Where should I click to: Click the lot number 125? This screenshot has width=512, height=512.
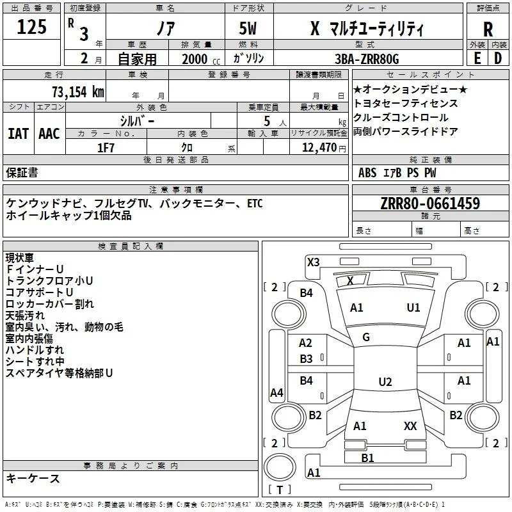coord(31,27)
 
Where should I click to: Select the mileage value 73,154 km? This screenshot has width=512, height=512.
coord(78,92)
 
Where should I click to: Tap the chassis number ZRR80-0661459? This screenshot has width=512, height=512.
coord(430,203)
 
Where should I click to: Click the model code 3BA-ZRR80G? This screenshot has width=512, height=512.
coord(367,59)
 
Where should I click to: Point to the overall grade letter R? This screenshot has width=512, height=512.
coord(488,29)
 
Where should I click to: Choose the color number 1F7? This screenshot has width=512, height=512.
coord(106,148)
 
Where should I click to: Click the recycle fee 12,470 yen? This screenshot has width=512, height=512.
coord(324,148)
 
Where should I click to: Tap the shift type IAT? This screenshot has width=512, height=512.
coord(19,134)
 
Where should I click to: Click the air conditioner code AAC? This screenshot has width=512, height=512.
coord(49,134)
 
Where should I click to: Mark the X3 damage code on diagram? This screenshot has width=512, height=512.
coord(313,262)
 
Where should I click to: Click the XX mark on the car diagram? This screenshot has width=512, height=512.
coord(410,426)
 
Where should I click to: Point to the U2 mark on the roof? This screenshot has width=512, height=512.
coord(385,381)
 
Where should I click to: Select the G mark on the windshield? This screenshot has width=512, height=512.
coord(366,337)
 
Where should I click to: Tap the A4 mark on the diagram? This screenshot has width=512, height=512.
coord(276,392)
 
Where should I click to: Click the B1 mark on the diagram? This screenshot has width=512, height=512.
coord(367,458)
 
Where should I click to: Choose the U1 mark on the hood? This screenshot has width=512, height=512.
coord(413,307)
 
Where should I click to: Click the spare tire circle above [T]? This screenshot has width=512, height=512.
coord(280,467)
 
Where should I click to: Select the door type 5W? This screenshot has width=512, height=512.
coord(248,28)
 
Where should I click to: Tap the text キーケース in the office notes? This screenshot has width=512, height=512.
coord(33,478)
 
